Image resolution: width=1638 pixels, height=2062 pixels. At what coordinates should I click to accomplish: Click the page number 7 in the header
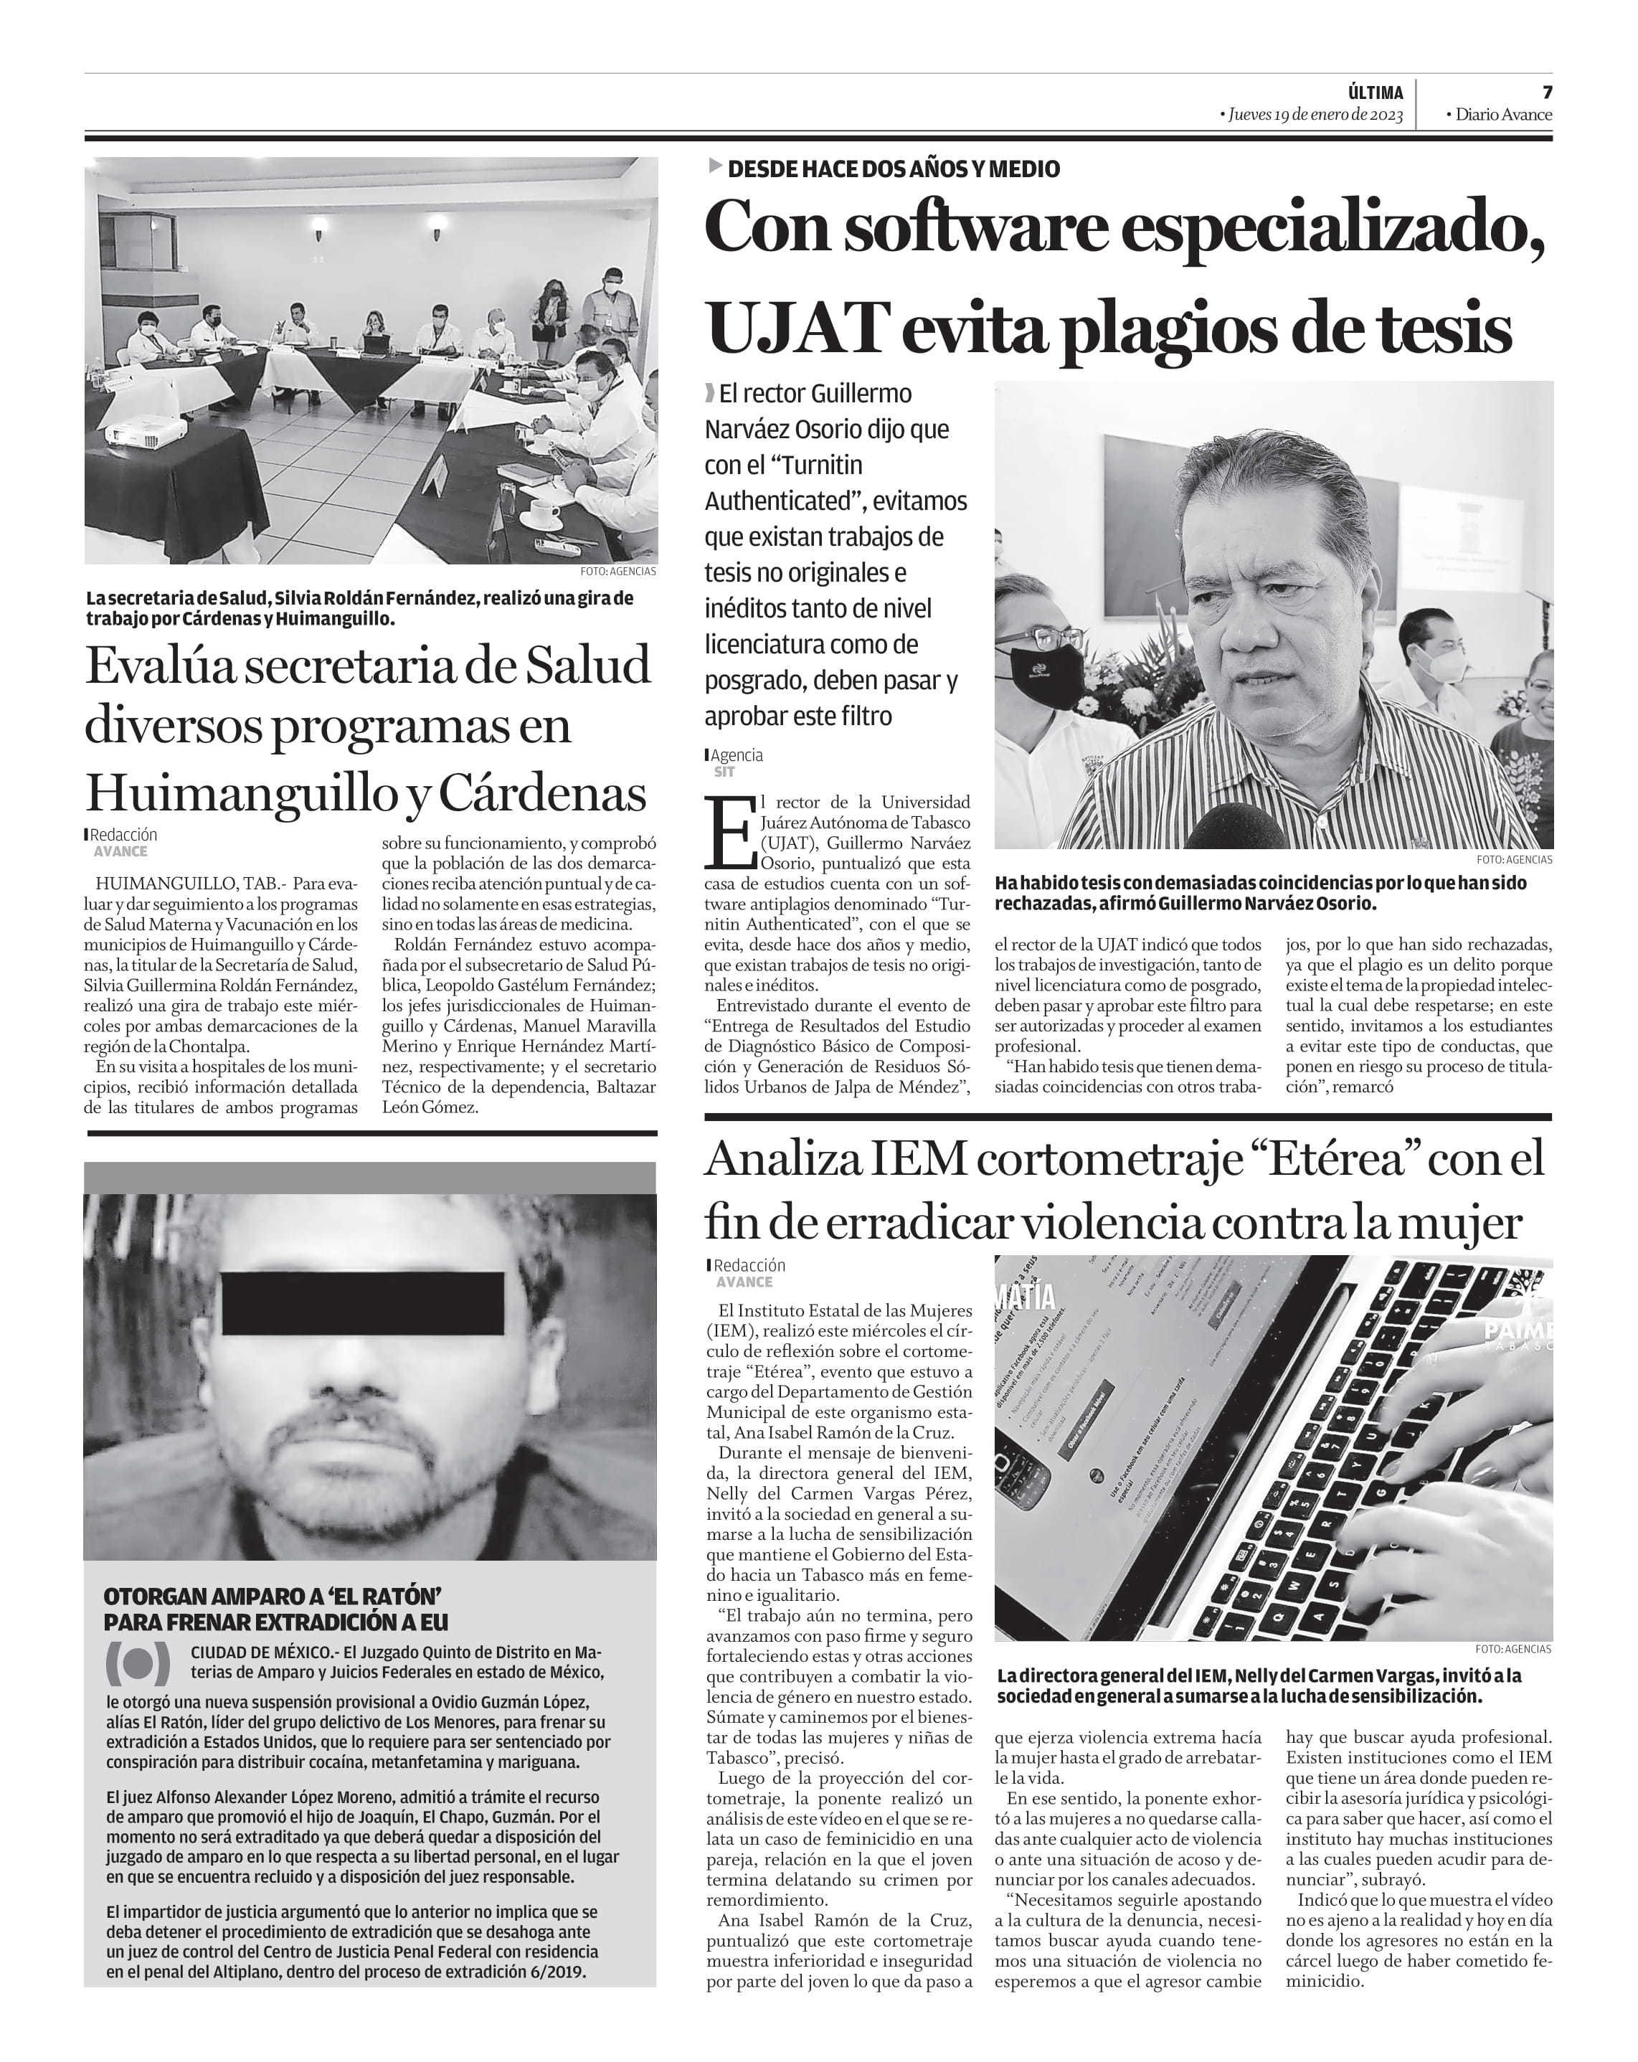pos(1546,92)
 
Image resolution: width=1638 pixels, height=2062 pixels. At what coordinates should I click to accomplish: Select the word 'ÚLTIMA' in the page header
pos(1375,93)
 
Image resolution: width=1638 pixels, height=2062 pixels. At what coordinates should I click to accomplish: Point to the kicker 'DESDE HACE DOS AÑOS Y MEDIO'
pos(893,169)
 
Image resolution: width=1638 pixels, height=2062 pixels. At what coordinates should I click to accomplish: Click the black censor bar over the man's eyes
pos(362,1302)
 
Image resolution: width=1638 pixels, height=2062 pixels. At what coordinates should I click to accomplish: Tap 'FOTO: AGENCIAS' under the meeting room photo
pos(617,571)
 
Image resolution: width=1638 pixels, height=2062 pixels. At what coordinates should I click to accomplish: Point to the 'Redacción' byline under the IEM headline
pos(749,1265)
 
